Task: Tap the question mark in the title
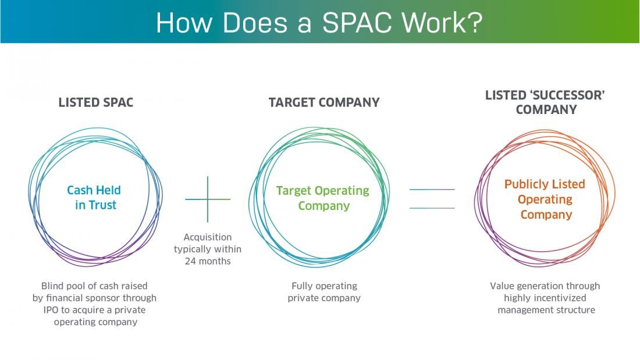pyautogui.click(x=475, y=22)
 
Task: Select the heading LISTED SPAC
pyautogui.click(x=96, y=103)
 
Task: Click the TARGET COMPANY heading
pyautogui.click(x=324, y=103)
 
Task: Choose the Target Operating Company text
pyautogui.click(x=323, y=198)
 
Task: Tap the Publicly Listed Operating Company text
pyautogui.click(x=545, y=199)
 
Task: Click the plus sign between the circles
pyautogui.click(x=208, y=199)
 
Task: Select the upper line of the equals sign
pyautogui.click(x=432, y=190)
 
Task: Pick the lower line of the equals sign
pyautogui.click(x=432, y=208)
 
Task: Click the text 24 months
pyautogui.click(x=207, y=261)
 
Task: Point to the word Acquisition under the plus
pyautogui.click(x=208, y=237)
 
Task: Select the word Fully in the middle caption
pyautogui.click(x=303, y=286)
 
